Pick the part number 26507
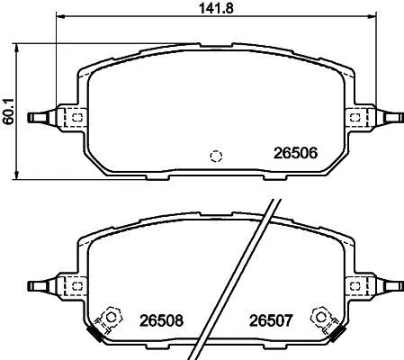(266, 319)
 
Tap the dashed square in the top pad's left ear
(78, 116)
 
